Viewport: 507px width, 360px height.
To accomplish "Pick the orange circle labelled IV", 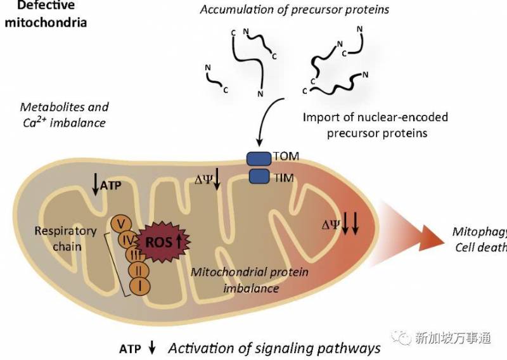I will pos(127,240).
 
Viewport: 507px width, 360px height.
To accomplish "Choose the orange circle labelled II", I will pos(138,271).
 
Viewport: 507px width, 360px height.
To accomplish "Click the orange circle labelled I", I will pos(139,287).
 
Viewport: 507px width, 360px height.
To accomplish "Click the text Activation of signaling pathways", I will pos(274,347).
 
